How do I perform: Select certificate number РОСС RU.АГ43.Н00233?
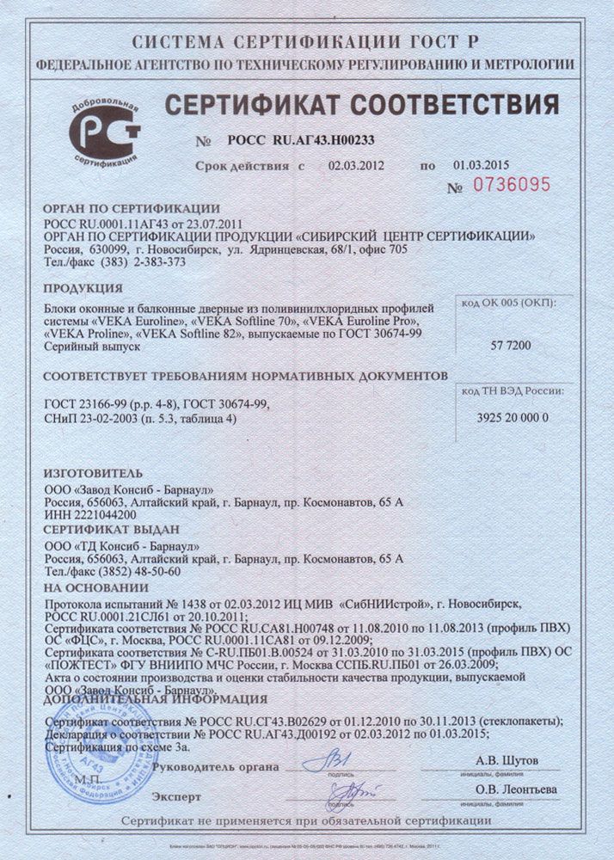[x=301, y=138]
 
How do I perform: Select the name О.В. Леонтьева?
[x=516, y=789]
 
